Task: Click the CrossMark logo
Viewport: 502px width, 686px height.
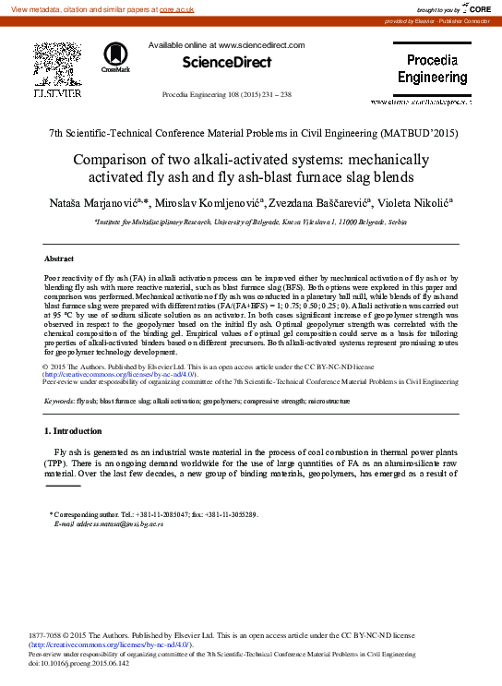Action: click(x=116, y=57)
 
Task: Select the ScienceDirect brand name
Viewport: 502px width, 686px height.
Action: click(x=227, y=63)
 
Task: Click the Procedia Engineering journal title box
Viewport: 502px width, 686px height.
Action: click(x=432, y=70)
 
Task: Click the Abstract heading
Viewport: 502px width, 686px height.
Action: click(x=59, y=259)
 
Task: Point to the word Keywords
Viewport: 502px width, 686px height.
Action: click(x=59, y=403)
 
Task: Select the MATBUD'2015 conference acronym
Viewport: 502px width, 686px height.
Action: click(x=415, y=133)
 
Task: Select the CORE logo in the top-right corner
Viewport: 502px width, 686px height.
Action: click(x=480, y=8)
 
